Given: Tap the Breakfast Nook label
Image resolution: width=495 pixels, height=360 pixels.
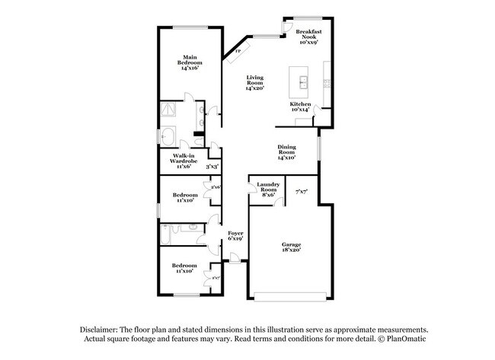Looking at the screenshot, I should [x=308, y=37].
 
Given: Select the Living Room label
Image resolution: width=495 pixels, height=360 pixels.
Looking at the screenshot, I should [x=254, y=83].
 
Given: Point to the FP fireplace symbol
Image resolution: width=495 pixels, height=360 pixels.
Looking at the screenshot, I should [x=238, y=51].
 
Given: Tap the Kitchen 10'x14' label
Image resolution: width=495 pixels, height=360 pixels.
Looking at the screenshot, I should [x=300, y=107].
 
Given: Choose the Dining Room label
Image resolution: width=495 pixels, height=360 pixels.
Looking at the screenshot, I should [x=286, y=153].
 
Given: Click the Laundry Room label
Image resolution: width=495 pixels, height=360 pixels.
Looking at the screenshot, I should [x=267, y=190].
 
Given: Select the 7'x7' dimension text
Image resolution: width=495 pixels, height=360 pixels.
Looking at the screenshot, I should [x=301, y=192].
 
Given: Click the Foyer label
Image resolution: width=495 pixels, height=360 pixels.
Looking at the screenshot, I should [x=235, y=236].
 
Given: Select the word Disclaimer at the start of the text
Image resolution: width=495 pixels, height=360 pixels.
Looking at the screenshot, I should [x=104, y=326].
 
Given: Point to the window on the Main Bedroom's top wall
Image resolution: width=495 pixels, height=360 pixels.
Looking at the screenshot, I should [x=190, y=27].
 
